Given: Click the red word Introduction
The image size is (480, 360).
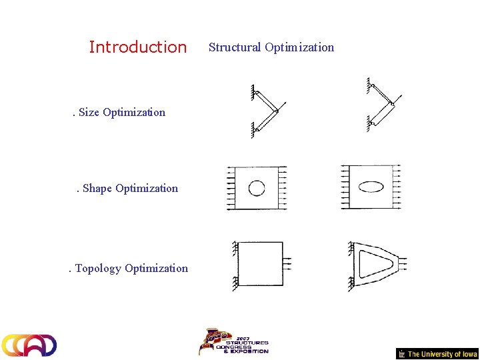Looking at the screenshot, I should [x=138, y=47].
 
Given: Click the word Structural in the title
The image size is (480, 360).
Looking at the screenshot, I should [x=235, y=47].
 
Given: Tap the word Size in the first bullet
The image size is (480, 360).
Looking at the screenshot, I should [x=89, y=112].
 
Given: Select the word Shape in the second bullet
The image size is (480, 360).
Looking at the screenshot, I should [x=97, y=189].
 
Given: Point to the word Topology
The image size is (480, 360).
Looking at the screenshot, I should [x=98, y=269].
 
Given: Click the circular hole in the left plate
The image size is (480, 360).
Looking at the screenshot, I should [x=257, y=188].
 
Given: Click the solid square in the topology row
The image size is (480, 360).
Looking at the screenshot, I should [x=261, y=264].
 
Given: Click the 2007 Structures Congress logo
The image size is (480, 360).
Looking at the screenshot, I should [x=233, y=341].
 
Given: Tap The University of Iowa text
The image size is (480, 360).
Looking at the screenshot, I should [x=442, y=354].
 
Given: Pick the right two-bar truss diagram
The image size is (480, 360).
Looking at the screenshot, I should [x=383, y=105].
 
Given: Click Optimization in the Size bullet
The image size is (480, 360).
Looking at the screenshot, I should [x=134, y=112].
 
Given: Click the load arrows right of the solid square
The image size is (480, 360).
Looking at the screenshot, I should [x=291, y=264].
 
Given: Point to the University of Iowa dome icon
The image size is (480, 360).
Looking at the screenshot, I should [x=401, y=354].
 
